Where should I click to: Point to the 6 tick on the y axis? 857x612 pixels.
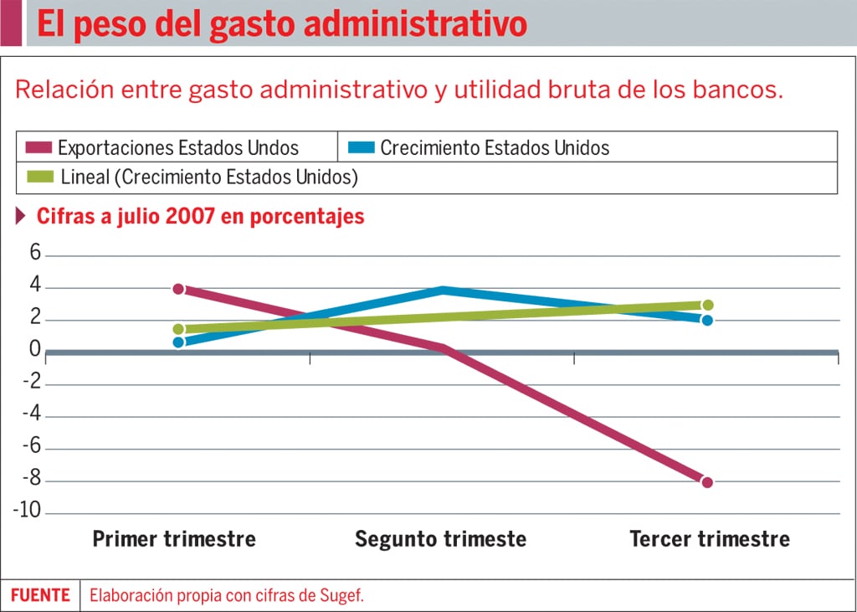click(35, 254)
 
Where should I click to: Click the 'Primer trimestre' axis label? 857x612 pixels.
click(174, 538)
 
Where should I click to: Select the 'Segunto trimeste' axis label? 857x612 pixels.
click(440, 538)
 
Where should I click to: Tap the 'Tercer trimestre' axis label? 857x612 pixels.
click(709, 538)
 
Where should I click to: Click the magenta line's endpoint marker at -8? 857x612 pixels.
click(707, 482)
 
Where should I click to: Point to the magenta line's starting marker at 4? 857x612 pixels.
click(178, 289)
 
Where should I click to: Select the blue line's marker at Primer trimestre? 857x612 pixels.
click(178, 342)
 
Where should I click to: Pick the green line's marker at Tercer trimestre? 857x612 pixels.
click(707, 306)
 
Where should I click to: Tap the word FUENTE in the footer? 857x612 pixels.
click(40, 595)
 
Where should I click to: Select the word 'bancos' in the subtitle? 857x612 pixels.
click(738, 90)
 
